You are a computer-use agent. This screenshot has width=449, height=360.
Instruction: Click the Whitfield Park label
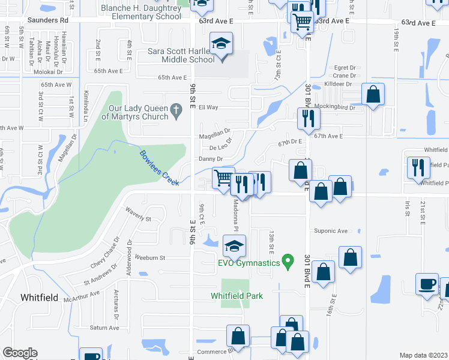tap(237, 295)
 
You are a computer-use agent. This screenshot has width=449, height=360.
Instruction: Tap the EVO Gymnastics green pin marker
tap(288, 262)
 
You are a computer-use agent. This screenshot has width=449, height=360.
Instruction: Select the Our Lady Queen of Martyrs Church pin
tap(176, 110)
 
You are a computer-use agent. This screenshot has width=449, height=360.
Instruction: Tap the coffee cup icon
tap(428, 284)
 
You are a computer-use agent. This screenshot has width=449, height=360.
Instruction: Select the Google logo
tap(20, 353)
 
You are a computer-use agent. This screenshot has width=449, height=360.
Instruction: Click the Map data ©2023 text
tap(424, 355)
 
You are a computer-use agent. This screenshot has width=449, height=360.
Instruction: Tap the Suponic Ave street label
tap(331, 230)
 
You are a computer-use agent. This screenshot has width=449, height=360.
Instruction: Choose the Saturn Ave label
tap(104, 328)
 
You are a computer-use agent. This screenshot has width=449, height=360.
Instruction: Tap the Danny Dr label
tap(211, 159)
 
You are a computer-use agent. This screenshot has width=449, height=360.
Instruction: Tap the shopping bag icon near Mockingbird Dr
tap(373, 94)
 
